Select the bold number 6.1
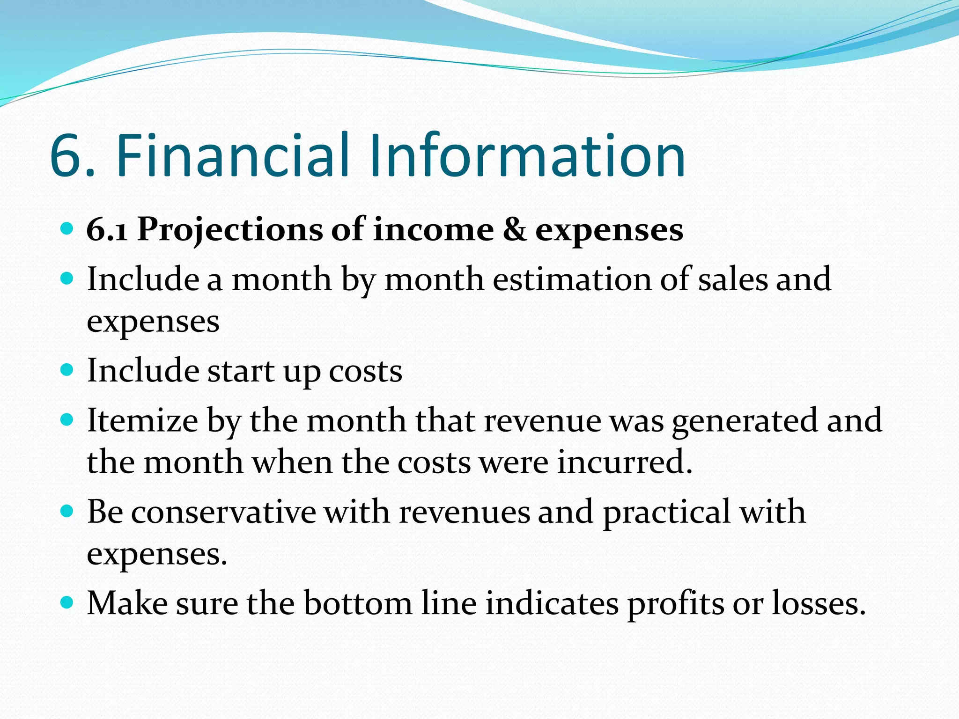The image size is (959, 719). [107, 230]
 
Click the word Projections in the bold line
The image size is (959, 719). [230, 230]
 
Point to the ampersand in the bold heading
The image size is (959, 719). [514, 230]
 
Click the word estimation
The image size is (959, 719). [572, 279]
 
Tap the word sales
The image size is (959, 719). [733, 279]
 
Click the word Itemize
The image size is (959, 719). [143, 420]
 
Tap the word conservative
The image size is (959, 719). [223, 512]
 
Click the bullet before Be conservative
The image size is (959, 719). [67, 511]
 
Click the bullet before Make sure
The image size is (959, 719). [67, 602]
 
